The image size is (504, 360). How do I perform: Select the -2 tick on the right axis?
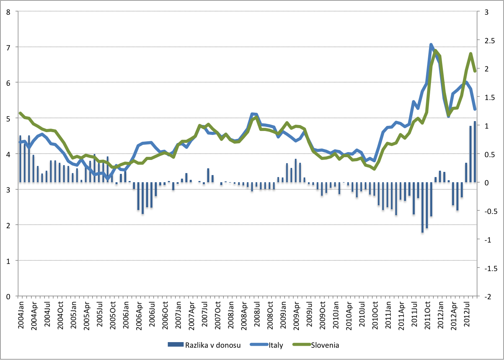tap(489, 296)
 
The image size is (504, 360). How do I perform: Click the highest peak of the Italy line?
tap(431, 44)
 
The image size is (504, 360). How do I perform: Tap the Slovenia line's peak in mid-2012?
tap(470, 54)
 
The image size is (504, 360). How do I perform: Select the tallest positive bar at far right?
tap(475, 152)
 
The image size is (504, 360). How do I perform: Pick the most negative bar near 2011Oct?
tap(423, 207)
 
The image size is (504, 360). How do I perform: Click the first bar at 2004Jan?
tap(20, 159)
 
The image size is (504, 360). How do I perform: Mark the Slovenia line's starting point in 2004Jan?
tap(20, 113)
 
